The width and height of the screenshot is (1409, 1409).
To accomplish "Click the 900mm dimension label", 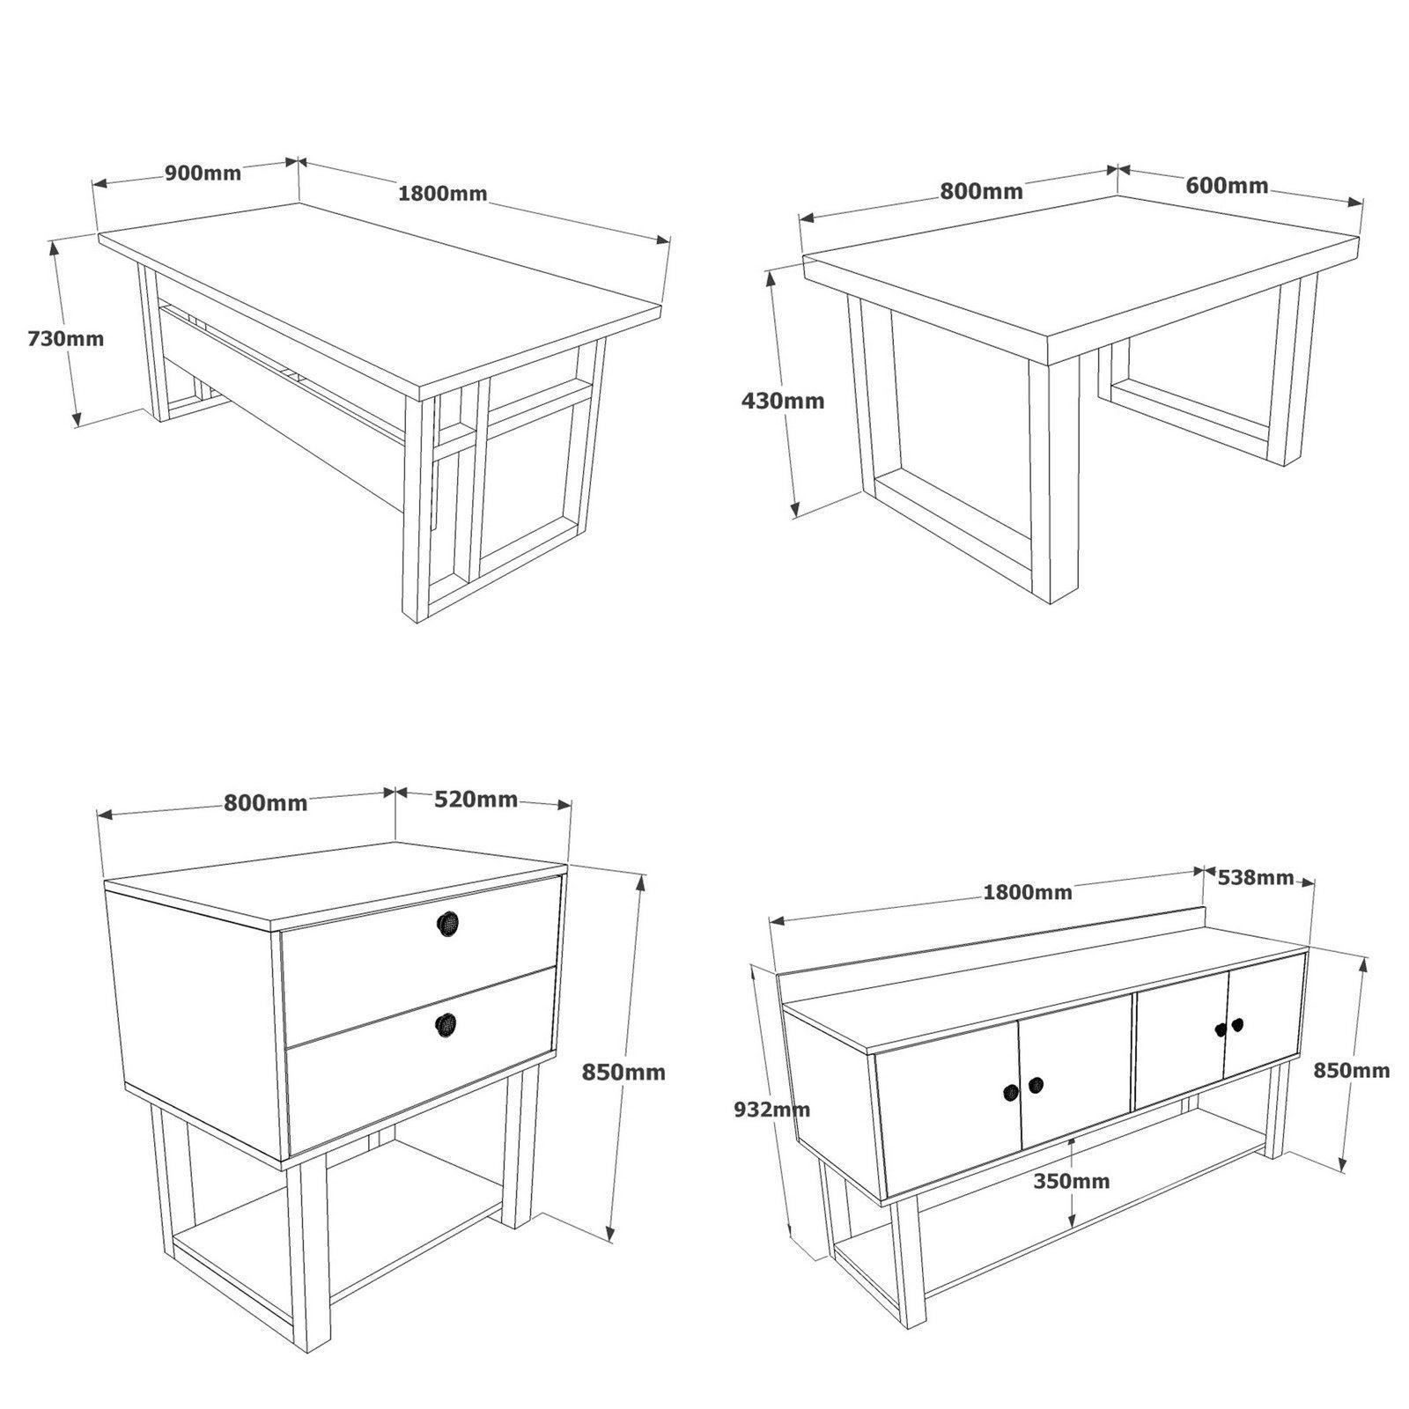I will coord(203,173).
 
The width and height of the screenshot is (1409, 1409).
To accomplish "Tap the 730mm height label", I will coord(65,338).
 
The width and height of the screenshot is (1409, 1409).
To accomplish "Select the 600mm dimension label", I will coord(1227,186).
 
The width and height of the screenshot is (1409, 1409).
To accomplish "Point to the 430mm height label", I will coord(783,401).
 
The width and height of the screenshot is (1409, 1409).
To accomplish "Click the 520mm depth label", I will coord(476,799).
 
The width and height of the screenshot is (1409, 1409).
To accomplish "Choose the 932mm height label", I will coord(771,1110).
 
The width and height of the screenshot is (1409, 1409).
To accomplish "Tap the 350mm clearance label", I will coord(1072,1181).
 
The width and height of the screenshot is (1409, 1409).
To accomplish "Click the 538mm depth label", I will coord(1255,877).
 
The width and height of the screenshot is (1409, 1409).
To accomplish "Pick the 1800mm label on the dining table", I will coord(442,193).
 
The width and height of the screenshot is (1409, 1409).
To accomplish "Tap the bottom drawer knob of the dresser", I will coord(447,1023).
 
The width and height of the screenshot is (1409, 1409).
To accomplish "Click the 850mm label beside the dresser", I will coord(623,1073).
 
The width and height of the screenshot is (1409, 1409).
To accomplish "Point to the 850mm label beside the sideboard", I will coord(1351,1071).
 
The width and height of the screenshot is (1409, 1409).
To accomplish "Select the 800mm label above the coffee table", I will coord(981,191).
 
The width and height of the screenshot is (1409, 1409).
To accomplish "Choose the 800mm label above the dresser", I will coord(265,802).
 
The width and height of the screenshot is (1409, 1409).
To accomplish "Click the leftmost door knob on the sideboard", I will coord(1010,1091).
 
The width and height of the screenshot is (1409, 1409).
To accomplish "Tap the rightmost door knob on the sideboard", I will coord(1238,1024).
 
